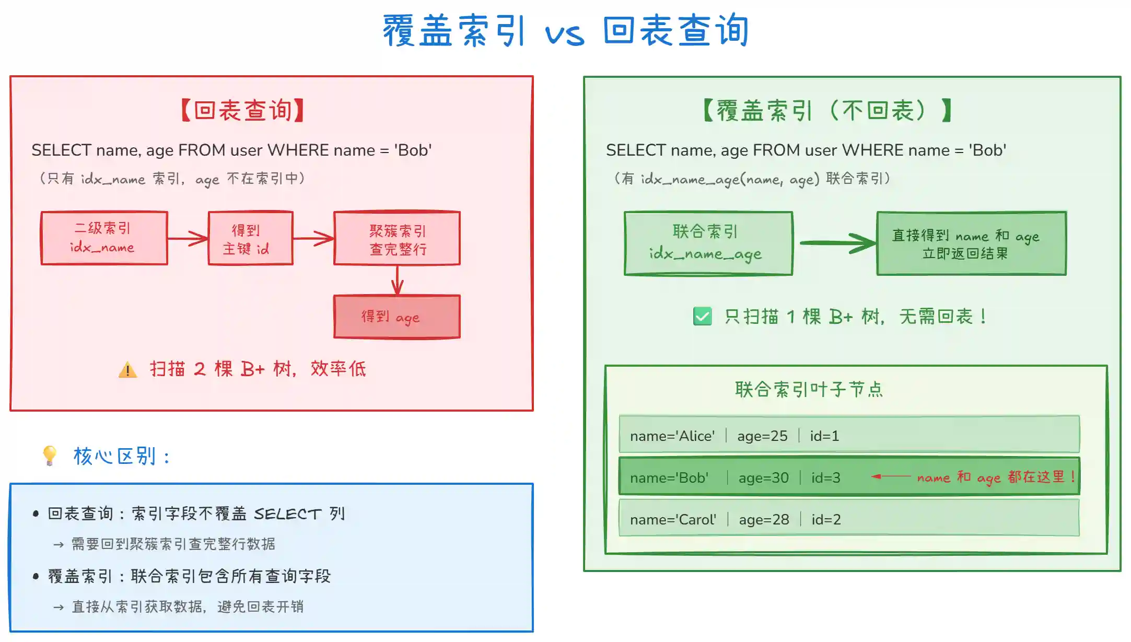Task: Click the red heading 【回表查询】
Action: [242, 111]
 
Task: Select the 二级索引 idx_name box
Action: [104, 238]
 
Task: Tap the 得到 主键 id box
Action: [250, 239]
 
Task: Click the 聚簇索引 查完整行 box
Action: [397, 239]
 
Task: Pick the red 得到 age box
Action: [397, 317]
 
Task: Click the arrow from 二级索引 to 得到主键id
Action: [188, 239]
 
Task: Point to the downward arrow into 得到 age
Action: [398, 281]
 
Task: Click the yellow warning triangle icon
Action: [127, 370]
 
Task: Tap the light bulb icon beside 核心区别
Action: [50, 455]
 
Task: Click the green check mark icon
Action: [702, 316]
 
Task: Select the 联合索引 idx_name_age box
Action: [708, 243]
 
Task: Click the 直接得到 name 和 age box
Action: [971, 243]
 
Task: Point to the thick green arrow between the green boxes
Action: [836, 243]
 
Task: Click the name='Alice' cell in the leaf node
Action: [672, 436]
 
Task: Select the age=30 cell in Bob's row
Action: [763, 477]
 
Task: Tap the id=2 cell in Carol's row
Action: [826, 519]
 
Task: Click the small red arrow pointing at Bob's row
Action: [890, 476]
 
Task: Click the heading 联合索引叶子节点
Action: [809, 390]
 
